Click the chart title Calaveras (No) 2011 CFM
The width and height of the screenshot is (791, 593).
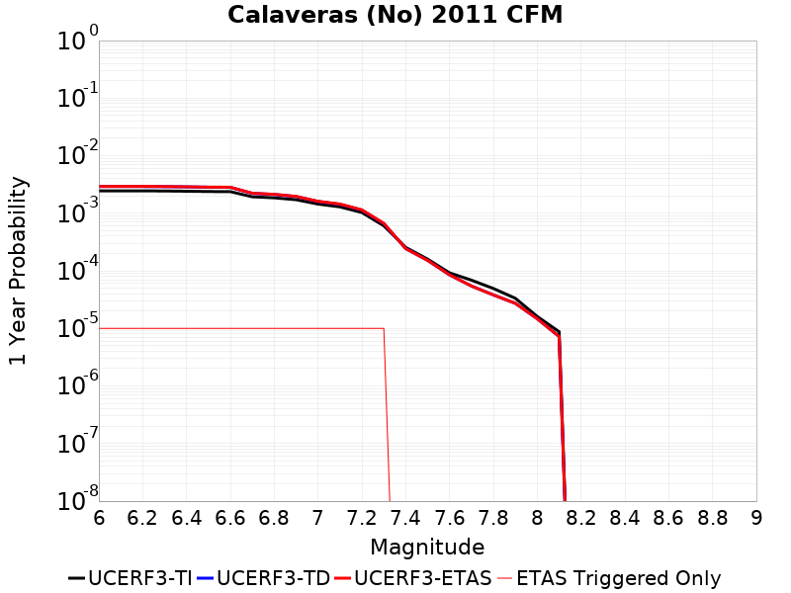[395, 15]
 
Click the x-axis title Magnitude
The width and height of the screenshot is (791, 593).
[427, 547]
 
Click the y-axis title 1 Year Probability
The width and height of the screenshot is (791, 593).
[18, 271]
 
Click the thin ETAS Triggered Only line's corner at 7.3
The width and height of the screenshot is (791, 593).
[384, 328]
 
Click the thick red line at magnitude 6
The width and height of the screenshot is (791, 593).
[100, 186]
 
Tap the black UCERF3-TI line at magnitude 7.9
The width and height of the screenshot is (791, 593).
[515, 297]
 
